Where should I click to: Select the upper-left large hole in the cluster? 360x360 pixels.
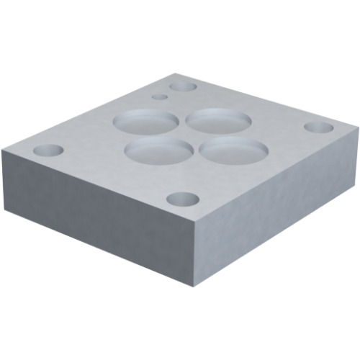(146, 120)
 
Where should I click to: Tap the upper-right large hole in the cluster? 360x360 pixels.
(219, 120)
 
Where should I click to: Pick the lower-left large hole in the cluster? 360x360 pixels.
(160, 150)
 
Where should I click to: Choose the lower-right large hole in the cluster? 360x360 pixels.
(234, 150)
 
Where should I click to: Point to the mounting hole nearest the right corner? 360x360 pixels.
(318, 127)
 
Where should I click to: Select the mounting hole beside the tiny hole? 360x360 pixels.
(184, 86)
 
